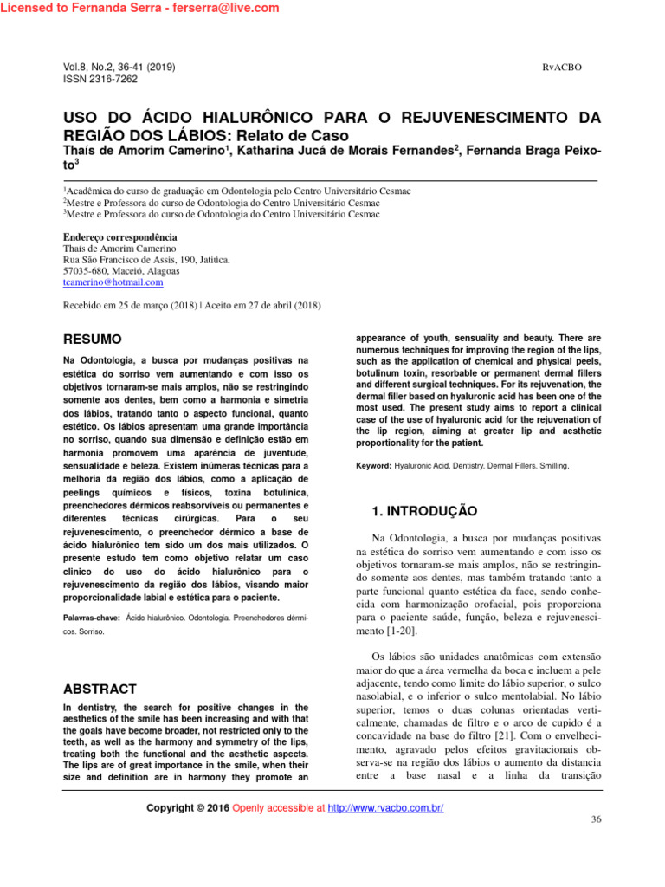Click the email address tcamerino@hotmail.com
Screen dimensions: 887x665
pyautogui.click(x=113, y=282)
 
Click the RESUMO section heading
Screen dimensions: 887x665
pyautogui.click(x=93, y=339)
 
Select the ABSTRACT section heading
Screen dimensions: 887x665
pyautogui.click(x=100, y=689)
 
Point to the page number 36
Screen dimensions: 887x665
pyautogui.click(x=595, y=819)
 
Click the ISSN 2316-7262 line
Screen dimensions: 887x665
pyautogui.click(x=100, y=79)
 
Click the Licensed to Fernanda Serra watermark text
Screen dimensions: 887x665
pyautogui.click(x=140, y=8)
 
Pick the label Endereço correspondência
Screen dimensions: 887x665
pyautogui.click(x=120, y=236)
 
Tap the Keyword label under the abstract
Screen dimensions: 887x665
pyautogui.click(x=373, y=465)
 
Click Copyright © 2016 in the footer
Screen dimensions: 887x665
pyautogui.click(x=188, y=808)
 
